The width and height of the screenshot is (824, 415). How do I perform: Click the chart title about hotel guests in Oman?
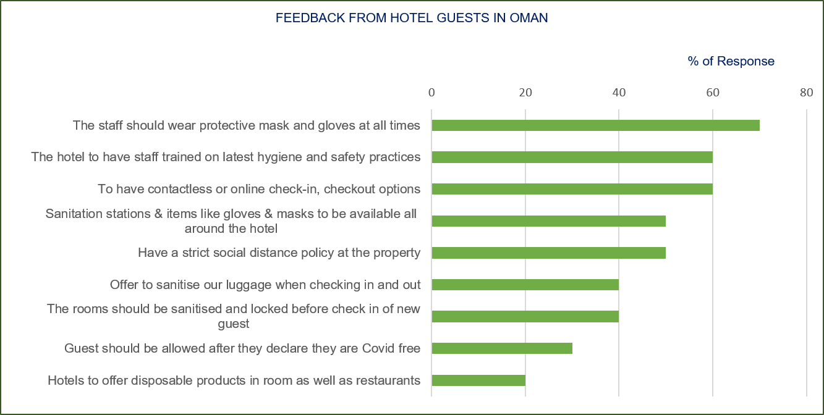[x=412, y=18]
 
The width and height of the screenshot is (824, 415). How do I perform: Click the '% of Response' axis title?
[x=731, y=61]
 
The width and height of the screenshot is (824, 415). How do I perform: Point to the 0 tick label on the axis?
[x=431, y=93]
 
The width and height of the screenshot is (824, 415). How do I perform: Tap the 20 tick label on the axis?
[x=525, y=93]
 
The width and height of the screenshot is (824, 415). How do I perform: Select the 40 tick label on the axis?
[x=619, y=93]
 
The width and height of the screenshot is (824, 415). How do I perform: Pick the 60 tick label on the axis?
[x=713, y=93]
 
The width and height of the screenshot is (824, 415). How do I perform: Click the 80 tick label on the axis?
[x=806, y=93]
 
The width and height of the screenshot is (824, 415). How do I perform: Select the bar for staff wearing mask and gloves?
[x=595, y=125]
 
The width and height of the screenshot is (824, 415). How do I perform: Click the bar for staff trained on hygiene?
[x=572, y=157]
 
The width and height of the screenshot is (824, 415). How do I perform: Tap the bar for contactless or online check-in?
[x=572, y=189]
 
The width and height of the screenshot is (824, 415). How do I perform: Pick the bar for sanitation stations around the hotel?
[x=548, y=221]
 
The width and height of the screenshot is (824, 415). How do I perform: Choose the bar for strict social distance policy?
[x=548, y=253]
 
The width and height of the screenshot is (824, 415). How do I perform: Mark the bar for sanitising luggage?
[x=525, y=285]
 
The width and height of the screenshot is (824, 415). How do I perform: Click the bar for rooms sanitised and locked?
[x=525, y=317]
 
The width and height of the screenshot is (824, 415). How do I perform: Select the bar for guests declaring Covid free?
[x=501, y=348]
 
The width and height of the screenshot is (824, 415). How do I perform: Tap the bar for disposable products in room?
[x=478, y=380]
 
